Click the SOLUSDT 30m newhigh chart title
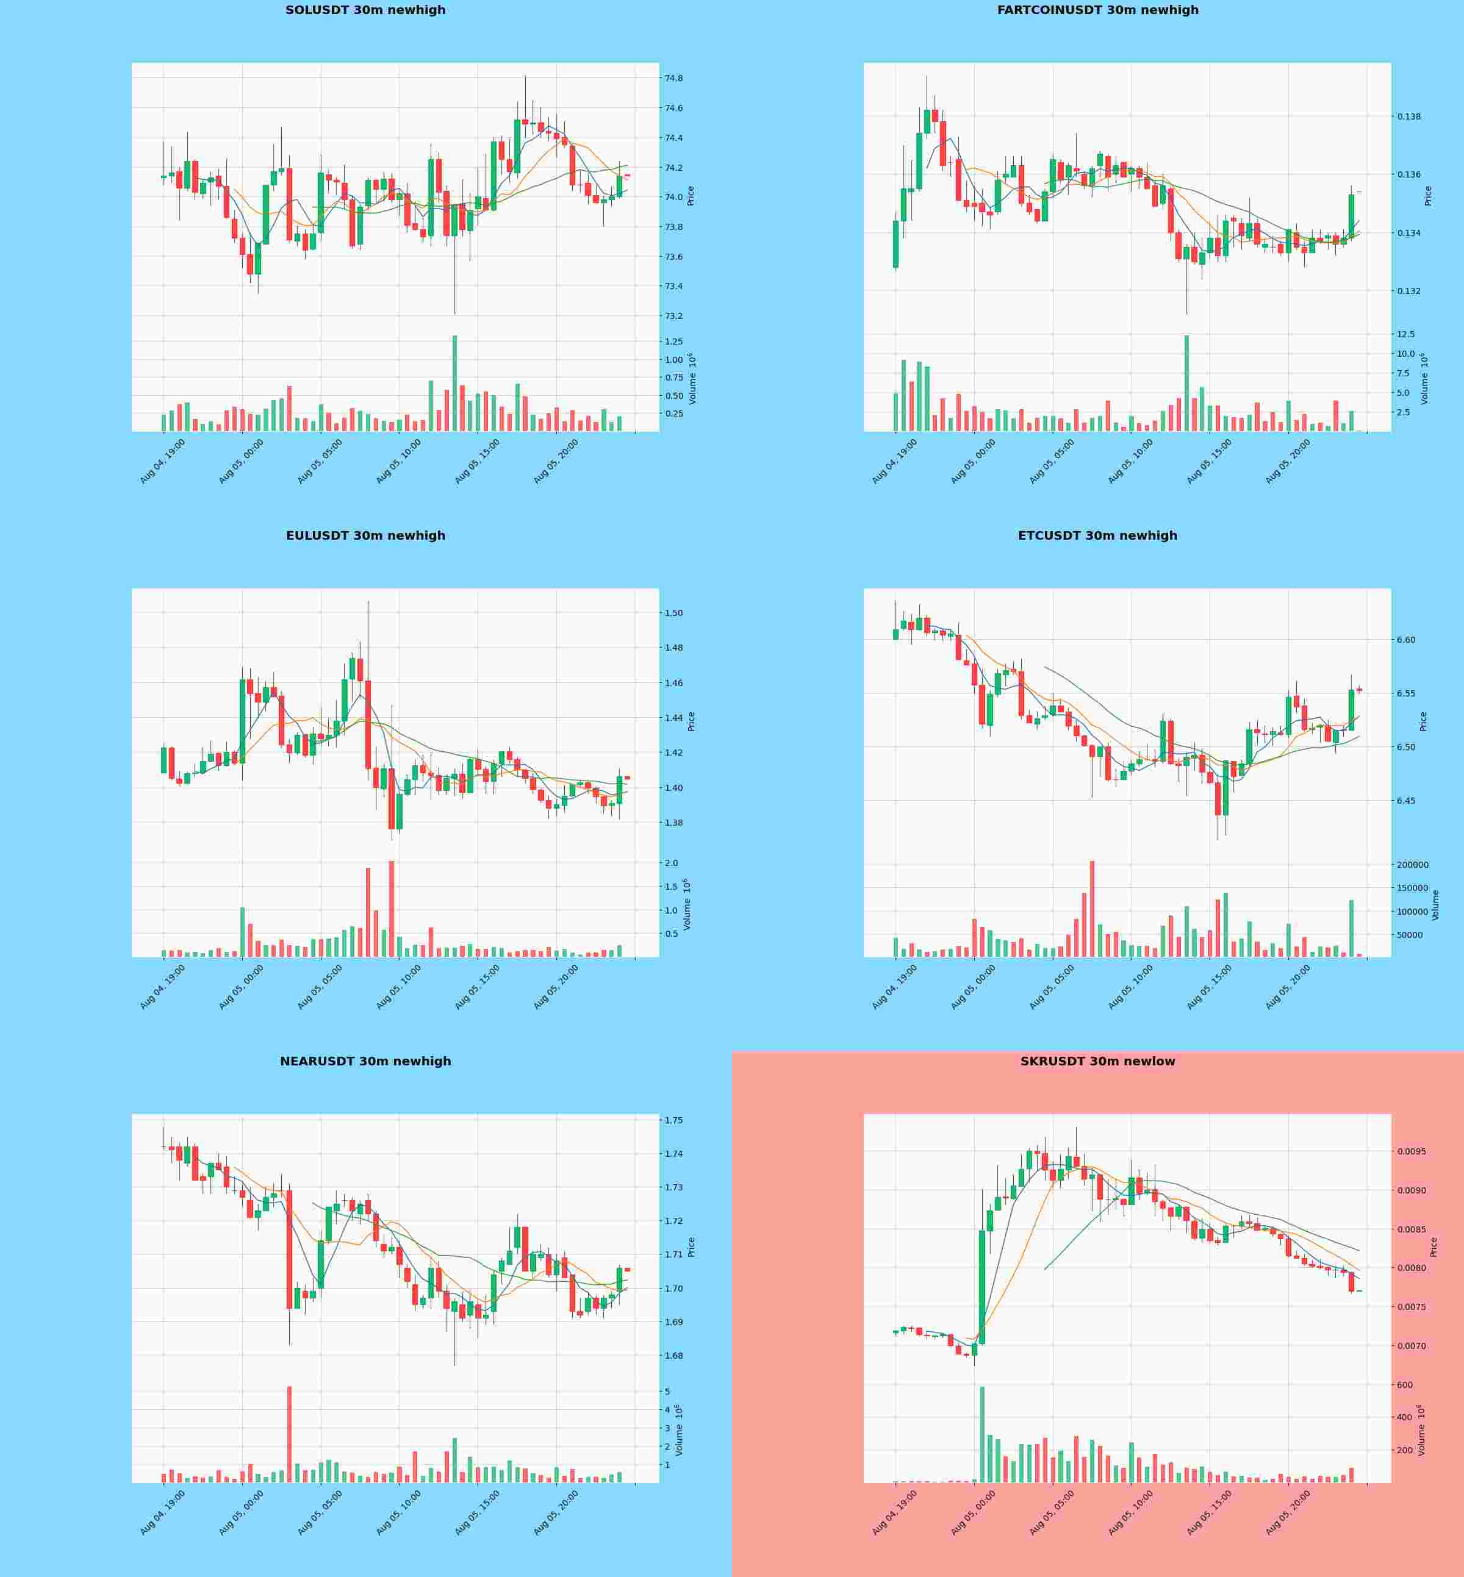coord(365,10)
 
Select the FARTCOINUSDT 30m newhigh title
coord(1097,10)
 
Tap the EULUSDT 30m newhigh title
coord(365,536)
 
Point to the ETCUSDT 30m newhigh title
coord(1097,536)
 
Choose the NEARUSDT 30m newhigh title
coord(365,1061)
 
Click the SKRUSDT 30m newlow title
coord(1097,1061)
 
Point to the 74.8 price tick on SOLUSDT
coord(674,79)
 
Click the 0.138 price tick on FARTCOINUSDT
coord(1408,116)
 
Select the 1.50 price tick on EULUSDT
coord(674,613)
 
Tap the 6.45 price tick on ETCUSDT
coord(1406,801)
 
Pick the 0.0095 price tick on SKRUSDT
coord(1412,1151)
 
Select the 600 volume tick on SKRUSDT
coord(1405,1386)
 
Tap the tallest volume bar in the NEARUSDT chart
coord(289,1434)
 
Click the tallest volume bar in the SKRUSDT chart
coord(982,1434)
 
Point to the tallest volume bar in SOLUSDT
coord(454,384)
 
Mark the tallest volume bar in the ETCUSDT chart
coord(1093,909)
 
